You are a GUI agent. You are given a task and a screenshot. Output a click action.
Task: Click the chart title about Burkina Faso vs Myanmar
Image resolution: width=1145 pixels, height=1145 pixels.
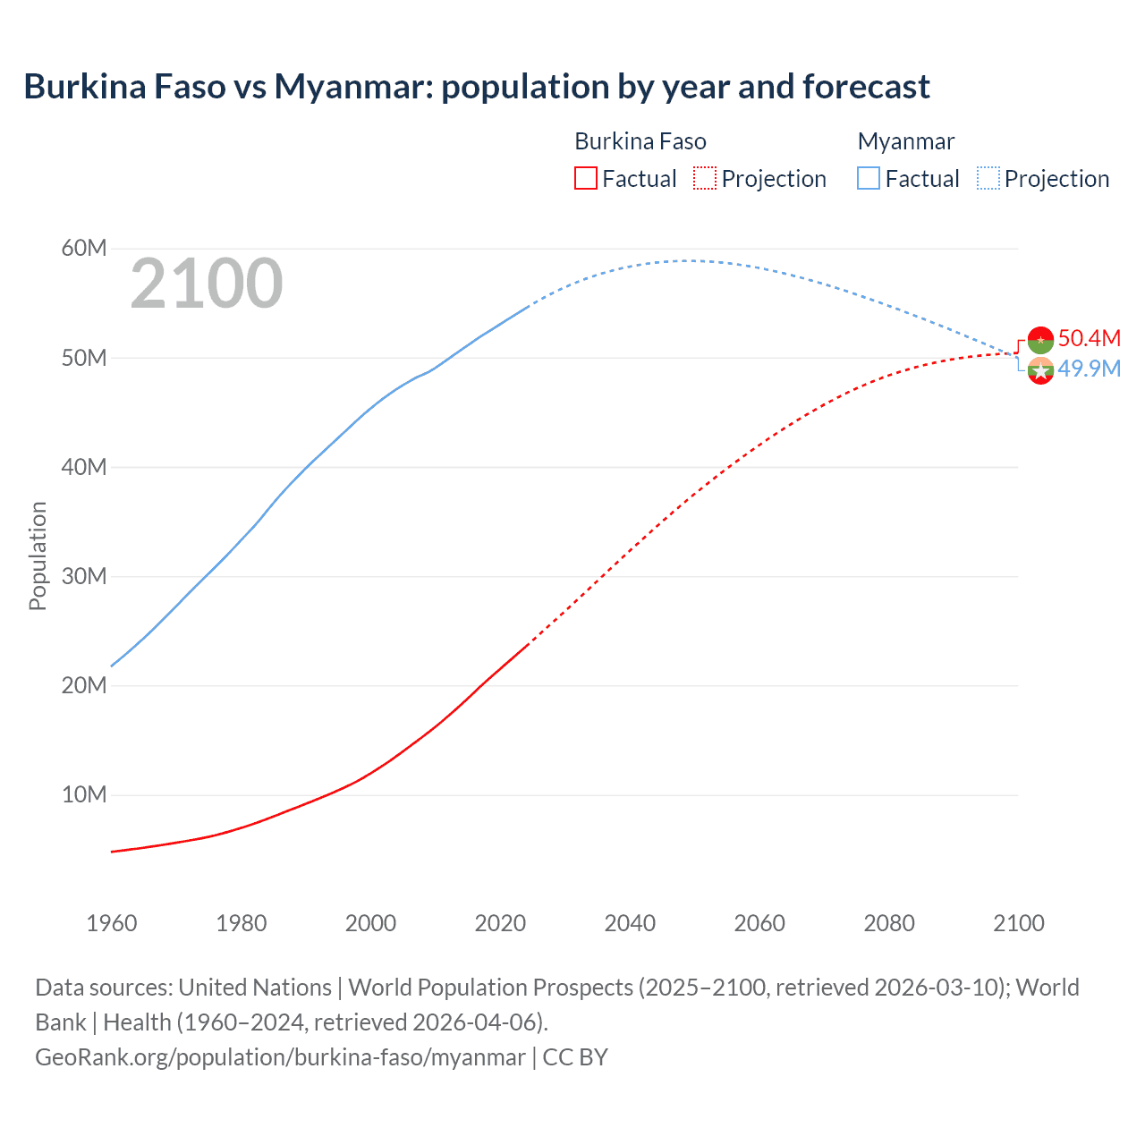[476, 87]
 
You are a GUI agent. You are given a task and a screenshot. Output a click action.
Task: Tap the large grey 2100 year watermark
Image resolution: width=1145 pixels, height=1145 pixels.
[207, 284]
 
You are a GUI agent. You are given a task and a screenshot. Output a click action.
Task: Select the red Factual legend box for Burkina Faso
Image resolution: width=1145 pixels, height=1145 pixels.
[585, 179]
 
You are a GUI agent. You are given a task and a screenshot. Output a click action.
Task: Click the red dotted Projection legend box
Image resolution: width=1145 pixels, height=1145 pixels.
[705, 179]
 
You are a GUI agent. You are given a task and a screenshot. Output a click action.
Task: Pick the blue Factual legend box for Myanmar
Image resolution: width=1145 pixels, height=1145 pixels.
[869, 179]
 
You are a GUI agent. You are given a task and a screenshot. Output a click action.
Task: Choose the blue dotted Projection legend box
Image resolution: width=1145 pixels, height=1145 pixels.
[988, 179]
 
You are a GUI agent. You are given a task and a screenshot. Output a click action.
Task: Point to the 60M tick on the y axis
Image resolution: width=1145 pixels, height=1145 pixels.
[84, 248]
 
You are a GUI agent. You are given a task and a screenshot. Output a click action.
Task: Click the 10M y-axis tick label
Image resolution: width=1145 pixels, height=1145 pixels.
[84, 794]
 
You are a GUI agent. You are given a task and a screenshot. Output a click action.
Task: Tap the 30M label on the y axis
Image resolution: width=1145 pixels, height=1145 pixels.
[84, 576]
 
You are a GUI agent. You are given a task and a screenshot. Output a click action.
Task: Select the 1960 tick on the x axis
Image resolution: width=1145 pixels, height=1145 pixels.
[112, 923]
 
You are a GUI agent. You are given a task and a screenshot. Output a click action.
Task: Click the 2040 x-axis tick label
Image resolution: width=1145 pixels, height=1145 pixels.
[630, 923]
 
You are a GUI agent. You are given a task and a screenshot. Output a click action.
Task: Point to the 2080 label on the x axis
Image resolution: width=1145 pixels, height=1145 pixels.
[888, 923]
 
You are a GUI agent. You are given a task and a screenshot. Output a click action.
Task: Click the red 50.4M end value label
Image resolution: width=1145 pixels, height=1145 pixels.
[1089, 338]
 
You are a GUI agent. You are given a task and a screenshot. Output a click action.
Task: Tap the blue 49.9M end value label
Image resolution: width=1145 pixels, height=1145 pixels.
[1089, 369]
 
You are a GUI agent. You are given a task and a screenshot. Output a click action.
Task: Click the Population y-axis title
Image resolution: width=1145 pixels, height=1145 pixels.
[38, 556]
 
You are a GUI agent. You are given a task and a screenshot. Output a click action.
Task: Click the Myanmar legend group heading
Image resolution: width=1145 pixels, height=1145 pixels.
[905, 141]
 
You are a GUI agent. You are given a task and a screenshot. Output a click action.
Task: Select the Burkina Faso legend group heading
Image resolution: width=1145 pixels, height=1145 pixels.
[640, 141]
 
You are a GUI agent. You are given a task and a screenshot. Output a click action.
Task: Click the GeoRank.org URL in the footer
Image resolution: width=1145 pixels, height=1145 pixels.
[280, 1057]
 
